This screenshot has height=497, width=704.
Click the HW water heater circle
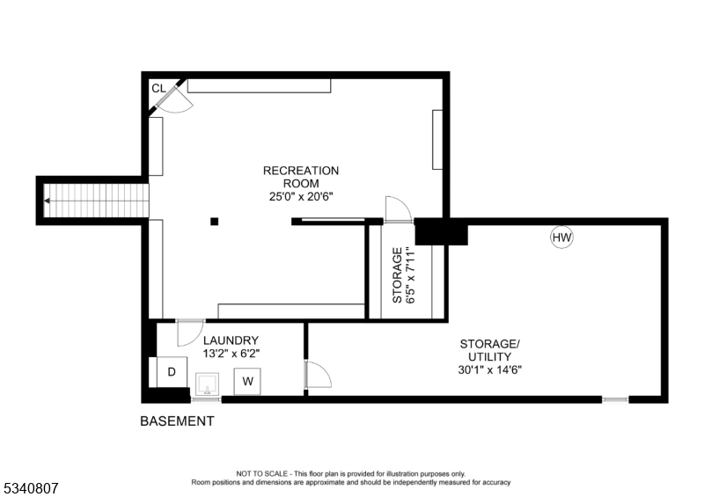tap(561, 237)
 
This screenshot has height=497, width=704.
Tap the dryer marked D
tap(172, 372)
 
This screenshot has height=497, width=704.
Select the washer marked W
tap(247, 381)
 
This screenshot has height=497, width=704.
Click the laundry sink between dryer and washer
tap(208, 384)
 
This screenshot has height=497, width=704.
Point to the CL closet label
tap(158, 89)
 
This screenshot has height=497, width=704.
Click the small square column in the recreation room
tap(215, 221)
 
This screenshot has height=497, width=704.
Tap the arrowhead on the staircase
tap(47, 201)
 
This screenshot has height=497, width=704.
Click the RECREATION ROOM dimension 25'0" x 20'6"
tap(301, 197)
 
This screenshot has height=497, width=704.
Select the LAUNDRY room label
tap(231, 340)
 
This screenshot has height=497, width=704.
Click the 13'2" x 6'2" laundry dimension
tap(231, 354)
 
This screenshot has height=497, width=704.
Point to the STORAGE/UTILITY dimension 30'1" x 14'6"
tap(490, 370)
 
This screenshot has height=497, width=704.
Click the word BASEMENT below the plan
tap(177, 421)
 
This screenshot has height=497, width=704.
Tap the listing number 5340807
tap(30, 488)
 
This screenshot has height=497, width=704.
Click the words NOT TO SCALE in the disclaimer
tap(261, 473)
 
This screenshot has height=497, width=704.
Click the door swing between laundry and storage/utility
tap(319, 374)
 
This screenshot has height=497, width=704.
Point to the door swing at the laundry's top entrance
tap(190, 333)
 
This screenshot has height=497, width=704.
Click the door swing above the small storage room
tap(399, 208)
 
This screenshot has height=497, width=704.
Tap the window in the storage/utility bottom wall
tap(615, 399)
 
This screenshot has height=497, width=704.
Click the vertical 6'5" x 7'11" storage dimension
tap(411, 274)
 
